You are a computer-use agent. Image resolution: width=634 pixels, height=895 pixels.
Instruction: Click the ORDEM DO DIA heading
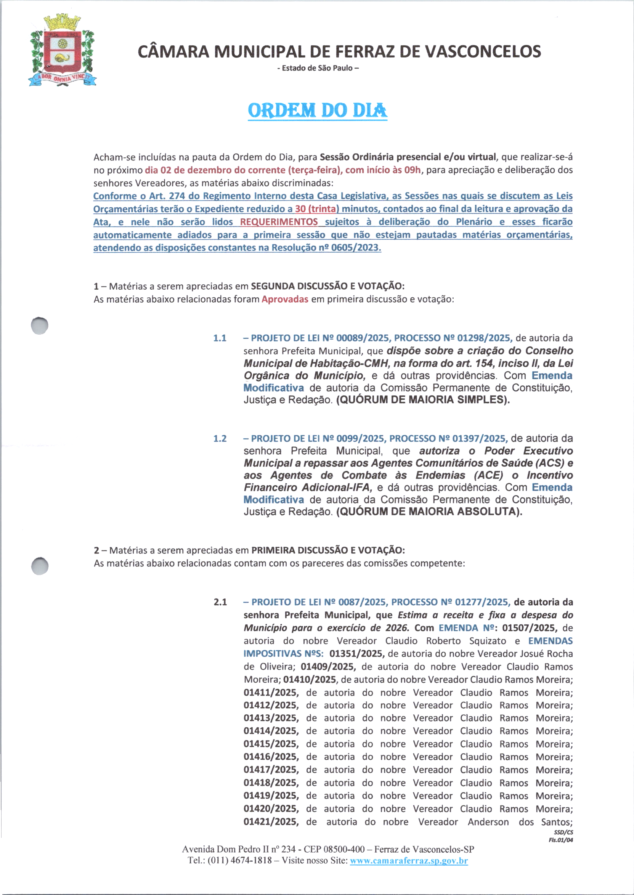[x=318, y=111]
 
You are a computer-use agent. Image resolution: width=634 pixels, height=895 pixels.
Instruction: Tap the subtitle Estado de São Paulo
[x=318, y=68]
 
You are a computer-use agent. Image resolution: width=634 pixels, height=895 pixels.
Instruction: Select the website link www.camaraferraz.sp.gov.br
[x=409, y=861]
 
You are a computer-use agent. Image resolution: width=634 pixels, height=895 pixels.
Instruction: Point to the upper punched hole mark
[x=40, y=325]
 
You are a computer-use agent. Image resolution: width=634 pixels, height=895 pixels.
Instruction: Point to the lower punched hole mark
[x=40, y=566]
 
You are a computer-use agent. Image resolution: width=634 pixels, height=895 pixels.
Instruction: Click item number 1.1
[x=220, y=338]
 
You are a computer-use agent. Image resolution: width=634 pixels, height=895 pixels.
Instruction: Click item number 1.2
[x=220, y=438]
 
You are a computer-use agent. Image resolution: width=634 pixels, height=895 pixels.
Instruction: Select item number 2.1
[x=220, y=602]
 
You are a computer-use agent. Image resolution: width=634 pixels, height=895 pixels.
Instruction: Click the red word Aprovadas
[x=285, y=299]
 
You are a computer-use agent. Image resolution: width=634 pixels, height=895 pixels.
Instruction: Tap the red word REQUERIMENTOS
[x=279, y=222]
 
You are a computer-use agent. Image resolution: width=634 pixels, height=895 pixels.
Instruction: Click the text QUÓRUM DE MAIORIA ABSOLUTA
[x=429, y=511]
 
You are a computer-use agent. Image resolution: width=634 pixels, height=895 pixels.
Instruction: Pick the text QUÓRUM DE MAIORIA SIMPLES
[x=423, y=400]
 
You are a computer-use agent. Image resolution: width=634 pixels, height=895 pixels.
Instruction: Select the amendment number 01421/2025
[x=271, y=822]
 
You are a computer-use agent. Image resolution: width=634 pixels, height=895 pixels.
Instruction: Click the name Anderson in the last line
[x=488, y=822]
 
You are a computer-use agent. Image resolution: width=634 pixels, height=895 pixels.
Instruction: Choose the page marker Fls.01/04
[x=560, y=840]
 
